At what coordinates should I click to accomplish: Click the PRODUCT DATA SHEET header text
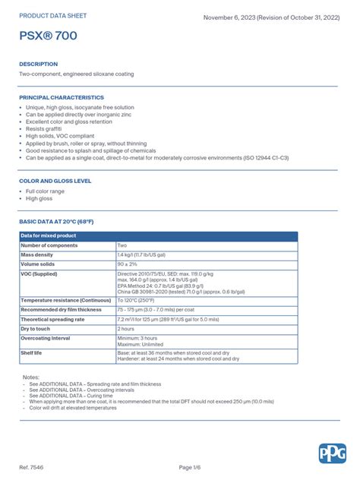coord(53,14)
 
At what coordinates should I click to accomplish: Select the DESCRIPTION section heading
coord(38,64)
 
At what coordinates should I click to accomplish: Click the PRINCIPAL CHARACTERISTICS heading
coord(62,97)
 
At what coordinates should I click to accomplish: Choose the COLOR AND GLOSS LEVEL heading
coord(55,182)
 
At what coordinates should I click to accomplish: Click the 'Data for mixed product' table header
coord(49,236)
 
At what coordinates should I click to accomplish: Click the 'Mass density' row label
coord(37,254)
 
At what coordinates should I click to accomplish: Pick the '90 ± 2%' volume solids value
coord(128,264)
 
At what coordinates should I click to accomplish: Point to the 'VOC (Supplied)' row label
coord(39,273)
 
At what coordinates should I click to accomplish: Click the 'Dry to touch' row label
coord(36,329)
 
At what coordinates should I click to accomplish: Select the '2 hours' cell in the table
coord(126,329)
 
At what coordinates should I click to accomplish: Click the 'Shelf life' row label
coord(32,353)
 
